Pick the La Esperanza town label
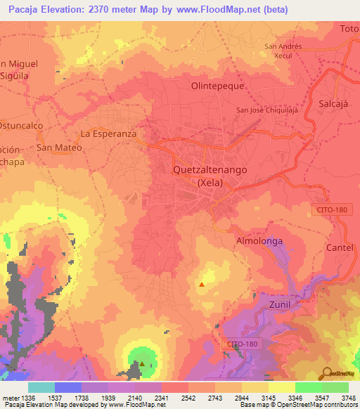(x=108, y=133)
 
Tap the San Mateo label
(x=59, y=148)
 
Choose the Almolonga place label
(x=257, y=241)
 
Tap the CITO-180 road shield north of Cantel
(x=330, y=209)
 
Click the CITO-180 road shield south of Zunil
(x=243, y=344)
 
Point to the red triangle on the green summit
(x=141, y=364)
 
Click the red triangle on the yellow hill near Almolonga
(x=202, y=285)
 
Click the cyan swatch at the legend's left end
(x=41, y=387)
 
